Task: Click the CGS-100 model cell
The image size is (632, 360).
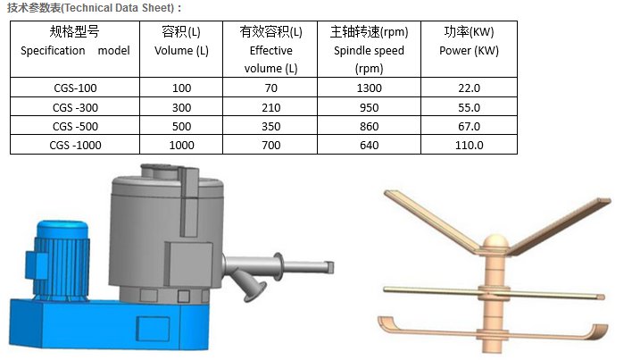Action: click(75, 88)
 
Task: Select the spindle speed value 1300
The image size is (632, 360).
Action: click(369, 88)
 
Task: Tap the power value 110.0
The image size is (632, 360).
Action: click(469, 145)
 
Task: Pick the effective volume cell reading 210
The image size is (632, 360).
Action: click(270, 107)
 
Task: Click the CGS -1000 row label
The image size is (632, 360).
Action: click(75, 145)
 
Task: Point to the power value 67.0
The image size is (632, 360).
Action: click(469, 127)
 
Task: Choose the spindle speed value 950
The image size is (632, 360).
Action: click(369, 107)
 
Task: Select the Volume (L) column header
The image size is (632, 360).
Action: click(181, 41)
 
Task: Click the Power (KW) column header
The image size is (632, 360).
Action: click(469, 41)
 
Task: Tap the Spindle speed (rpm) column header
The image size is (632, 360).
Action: click(369, 50)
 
